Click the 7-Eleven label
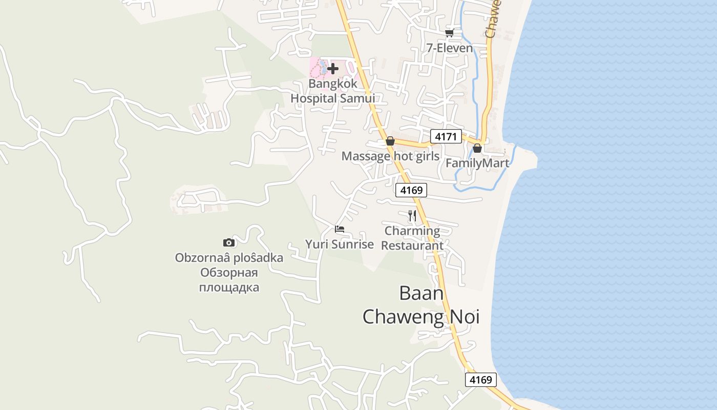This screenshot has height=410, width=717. click(x=449, y=48)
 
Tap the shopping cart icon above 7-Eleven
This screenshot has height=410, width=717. click(x=449, y=33)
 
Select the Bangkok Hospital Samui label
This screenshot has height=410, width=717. click(x=333, y=91)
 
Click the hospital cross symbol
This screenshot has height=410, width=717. click(x=333, y=68)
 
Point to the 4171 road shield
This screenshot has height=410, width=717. click(x=446, y=136)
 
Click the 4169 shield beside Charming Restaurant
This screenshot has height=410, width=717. click(x=411, y=190)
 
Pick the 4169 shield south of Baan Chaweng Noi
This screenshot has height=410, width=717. click(x=481, y=379)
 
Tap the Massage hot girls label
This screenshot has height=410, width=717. click(x=390, y=156)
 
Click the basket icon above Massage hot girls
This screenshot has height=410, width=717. click(x=390, y=141)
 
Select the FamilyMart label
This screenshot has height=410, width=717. click(x=477, y=163)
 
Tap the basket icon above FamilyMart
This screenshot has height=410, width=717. click(x=477, y=148)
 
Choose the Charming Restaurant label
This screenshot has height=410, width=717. click(x=412, y=238)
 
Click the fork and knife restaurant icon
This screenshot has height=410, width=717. click(x=412, y=216)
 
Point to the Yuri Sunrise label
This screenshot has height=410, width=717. click(x=340, y=244)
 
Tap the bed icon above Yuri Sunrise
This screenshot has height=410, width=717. click(x=340, y=229)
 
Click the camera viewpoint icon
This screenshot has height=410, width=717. click(x=229, y=242)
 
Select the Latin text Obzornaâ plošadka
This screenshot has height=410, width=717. click(x=229, y=257)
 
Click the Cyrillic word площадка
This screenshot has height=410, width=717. click(x=229, y=287)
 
